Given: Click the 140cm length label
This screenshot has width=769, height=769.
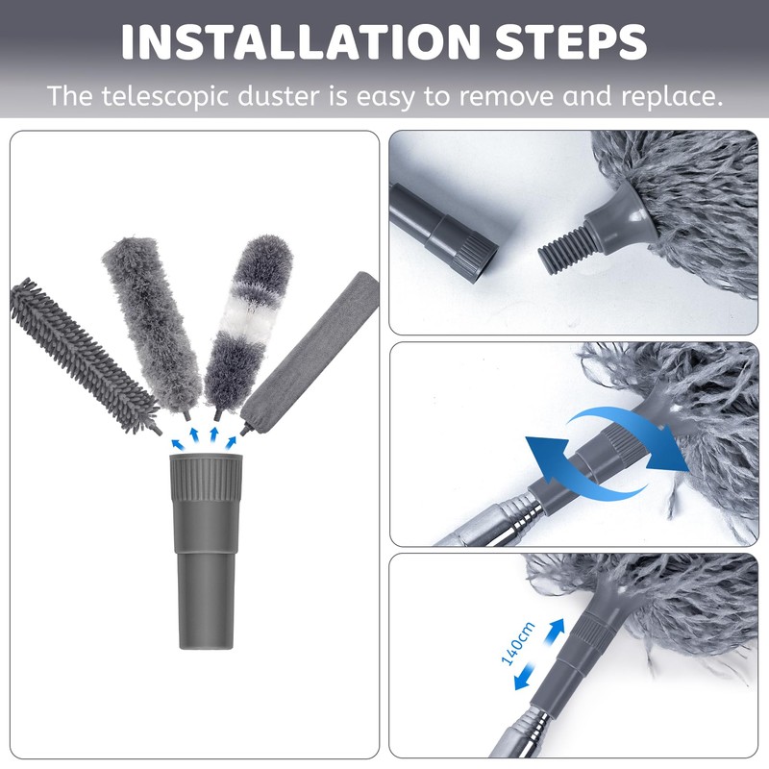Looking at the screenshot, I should pyautogui.click(x=520, y=645).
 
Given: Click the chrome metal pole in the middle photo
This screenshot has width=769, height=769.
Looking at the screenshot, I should pyautogui.click(x=490, y=519).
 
